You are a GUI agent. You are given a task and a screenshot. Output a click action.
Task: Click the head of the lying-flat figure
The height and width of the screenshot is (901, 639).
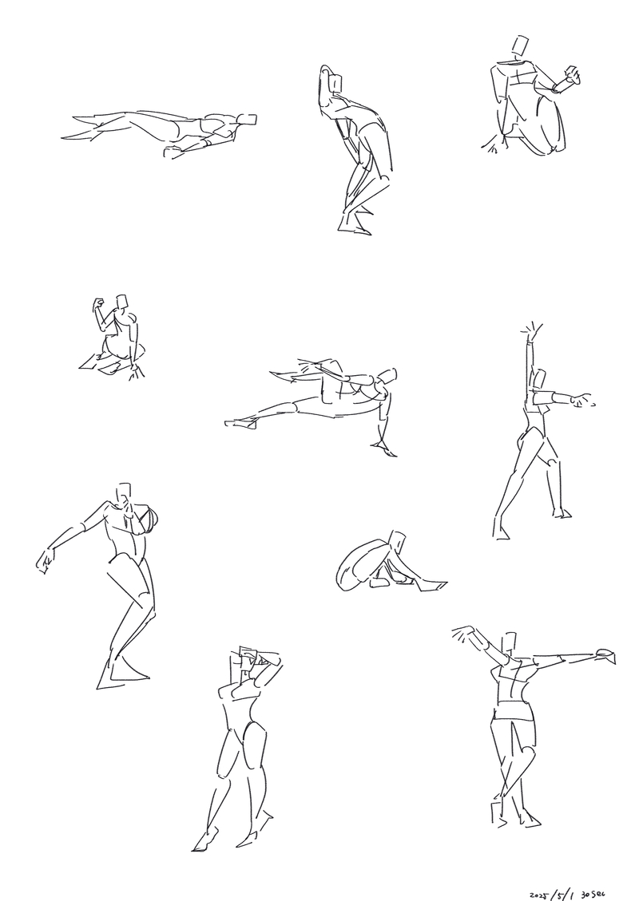pyautogui.click(x=248, y=120)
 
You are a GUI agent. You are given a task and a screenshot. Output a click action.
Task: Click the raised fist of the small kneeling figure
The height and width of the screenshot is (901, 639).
pyautogui.click(x=98, y=304)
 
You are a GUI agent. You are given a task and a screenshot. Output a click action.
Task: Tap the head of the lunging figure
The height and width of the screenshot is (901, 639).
pyautogui.click(x=387, y=377)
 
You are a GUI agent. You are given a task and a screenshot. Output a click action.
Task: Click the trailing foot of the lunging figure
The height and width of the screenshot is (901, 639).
pyautogui.click(x=241, y=424)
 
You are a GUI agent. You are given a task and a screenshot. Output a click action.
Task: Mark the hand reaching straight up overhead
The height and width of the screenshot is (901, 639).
pyautogui.click(x=532, y=331)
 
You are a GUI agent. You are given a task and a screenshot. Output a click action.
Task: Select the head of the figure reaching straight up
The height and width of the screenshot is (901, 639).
pyautogui.click(x=539, y=379)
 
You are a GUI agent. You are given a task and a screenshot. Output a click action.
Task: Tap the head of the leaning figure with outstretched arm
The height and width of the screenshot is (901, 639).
pyautogui.click(x=123, y=495)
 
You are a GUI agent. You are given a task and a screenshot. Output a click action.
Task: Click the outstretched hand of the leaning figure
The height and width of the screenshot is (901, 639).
pyautogui.click(x=46, y=559)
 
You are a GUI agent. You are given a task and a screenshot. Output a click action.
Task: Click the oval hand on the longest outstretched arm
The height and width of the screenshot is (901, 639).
pyautogui.click(x=606, y=654)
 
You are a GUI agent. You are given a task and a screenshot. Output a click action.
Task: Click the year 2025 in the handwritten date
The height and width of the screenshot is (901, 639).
pyautogui.click(x=539, y=895)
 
